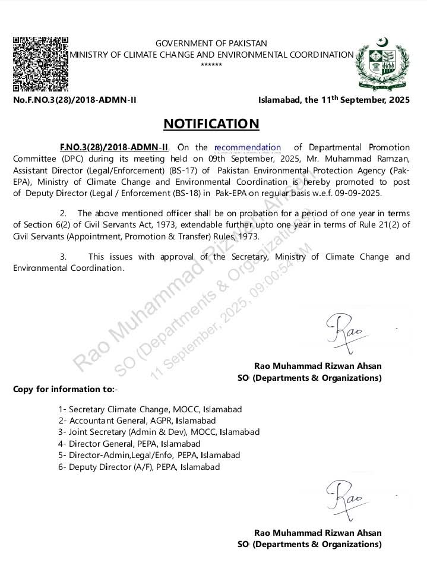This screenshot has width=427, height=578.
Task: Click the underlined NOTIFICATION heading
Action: (x=211, y=124)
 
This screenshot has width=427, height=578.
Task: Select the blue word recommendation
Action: (x=247, y=147)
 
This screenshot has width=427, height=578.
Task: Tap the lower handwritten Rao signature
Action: (x=344, y=498)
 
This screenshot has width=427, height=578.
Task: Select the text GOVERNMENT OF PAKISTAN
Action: (x=211, y=43)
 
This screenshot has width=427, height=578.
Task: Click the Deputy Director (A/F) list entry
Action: (x=139, y=467)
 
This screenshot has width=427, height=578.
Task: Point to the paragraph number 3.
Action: (x=63, y=257)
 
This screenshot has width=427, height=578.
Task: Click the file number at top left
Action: (x=74, y=100)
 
